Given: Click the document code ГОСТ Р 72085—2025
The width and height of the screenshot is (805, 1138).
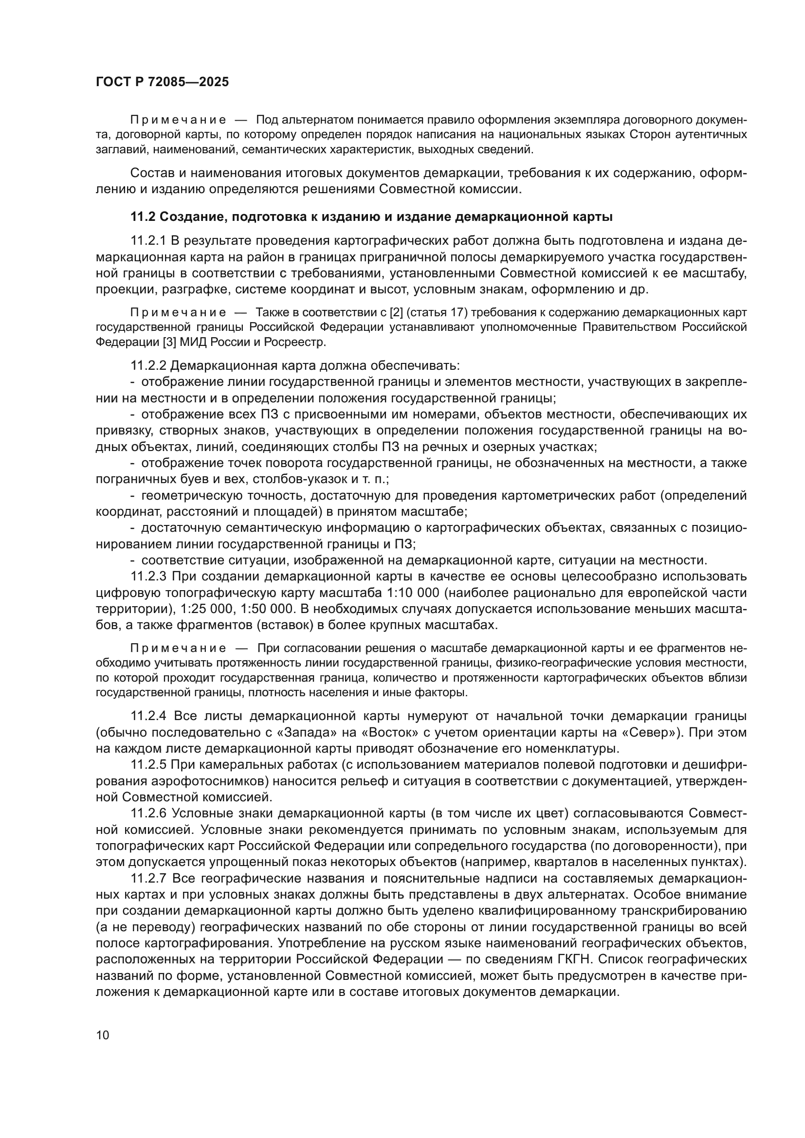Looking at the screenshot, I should point(162,82).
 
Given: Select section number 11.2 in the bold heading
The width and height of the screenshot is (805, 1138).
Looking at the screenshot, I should point(143,217).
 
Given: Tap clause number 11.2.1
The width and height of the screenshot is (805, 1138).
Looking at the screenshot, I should point(149,241).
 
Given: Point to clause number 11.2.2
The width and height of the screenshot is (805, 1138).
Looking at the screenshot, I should point(149,366).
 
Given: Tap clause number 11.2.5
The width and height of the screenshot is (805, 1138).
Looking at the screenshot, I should point(149,765).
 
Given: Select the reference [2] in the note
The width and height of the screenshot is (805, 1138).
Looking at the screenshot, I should point(397,313).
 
